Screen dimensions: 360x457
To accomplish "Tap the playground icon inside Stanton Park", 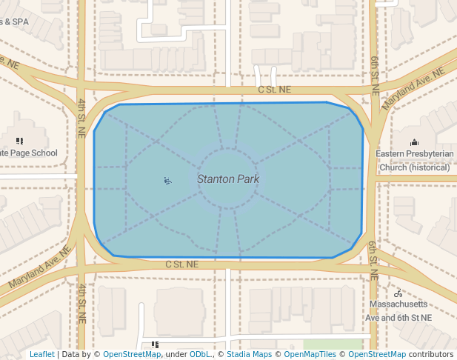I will click(x=168, y=180).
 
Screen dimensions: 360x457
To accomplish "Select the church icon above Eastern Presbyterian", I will click(x=414, y=141).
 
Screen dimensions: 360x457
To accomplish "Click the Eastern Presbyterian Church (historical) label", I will click(x=414, y=160).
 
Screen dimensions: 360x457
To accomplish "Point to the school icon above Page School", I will click(x=19, y=141).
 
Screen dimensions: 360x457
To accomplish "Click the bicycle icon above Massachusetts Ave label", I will click(x=398, y=293).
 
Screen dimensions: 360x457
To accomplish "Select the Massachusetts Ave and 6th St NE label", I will click(x=398, y=311).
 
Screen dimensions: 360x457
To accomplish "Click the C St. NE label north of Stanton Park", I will click(x=275, y=90).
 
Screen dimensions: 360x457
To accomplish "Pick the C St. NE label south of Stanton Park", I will click(x=182, y=264).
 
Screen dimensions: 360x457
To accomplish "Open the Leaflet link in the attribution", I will click(x=41, y=354).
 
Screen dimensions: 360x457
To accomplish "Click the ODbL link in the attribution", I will click(x=200, y=354).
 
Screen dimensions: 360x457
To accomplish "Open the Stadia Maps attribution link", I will click(x=249, y=354).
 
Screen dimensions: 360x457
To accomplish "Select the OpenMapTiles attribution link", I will click(x=310, y=354).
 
